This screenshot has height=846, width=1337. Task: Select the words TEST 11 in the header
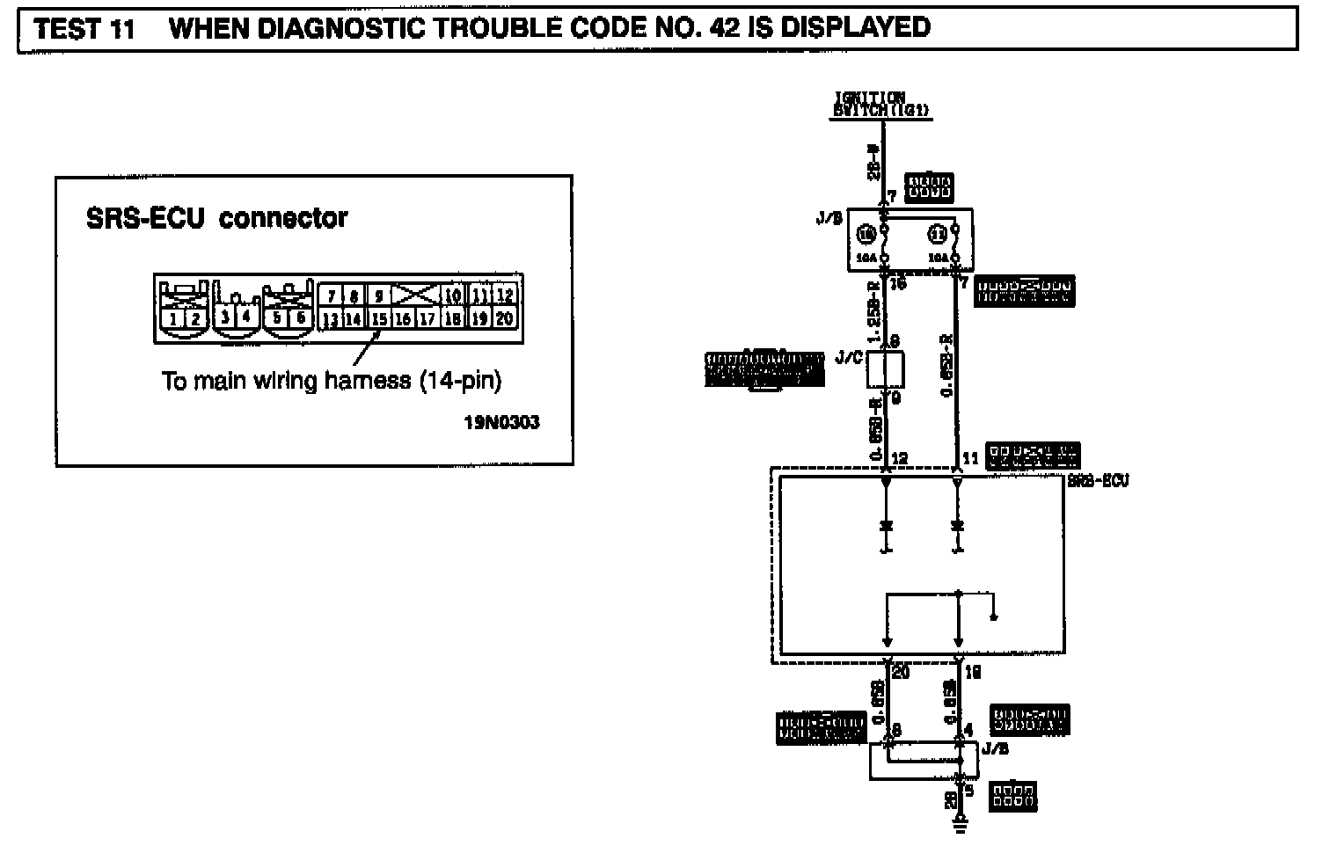pos(84,29)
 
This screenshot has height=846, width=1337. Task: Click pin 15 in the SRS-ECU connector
pos(378,318)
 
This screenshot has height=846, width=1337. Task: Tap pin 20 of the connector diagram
pos(504,318)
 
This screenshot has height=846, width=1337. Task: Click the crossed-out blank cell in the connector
pos(414,295)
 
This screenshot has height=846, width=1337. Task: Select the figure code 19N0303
pos(501,422)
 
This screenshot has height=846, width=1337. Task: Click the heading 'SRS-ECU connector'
pos(216,218)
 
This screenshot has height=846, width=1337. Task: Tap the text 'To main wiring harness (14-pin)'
pos(332,381)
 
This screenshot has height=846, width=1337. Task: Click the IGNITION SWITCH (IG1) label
pos(881,105)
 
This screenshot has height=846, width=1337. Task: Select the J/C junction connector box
pos(885,369)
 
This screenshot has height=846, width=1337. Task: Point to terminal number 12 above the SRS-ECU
pos(900,459)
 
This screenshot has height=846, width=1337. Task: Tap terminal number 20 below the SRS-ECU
pos(900,673)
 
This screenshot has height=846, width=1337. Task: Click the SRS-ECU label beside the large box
pos(1097,481)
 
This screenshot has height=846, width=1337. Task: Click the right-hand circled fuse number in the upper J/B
pos(938,235)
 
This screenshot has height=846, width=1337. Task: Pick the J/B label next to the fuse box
pos(828,218)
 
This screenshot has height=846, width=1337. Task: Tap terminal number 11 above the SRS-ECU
pos(970,459)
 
